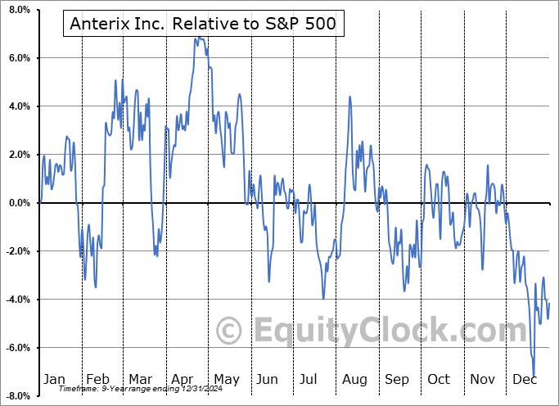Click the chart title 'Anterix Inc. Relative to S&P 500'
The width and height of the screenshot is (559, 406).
pyautogui.click(x=203, y=25)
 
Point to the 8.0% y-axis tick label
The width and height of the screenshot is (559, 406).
pyautogui.click(x=18, y=10)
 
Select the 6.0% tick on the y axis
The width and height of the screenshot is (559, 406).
pyautogui.click(x=18, y=58)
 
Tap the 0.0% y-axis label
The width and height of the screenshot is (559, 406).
pyautogui.click(x=18, y=203)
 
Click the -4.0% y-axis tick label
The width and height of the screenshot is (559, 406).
pyautogui.click(x=16, y=300)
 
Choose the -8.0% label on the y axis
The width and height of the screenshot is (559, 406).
pyautogui.click(x=16, y=396)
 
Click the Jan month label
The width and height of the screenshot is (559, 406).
pyautogui.click(x=53, y=379)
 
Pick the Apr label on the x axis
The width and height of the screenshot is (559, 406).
pyautogui.click(x=183, y=379)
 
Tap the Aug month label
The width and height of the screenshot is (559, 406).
pyautogui.click(x=354, y=379)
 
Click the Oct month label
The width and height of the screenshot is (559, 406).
pyautogui.click(x=439, y=379)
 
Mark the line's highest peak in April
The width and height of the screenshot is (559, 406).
pyautogui.click(x=200, y=38)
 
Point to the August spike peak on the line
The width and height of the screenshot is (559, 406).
pyautogui.click(x=349, y=97)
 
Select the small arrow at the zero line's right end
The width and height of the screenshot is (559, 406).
pyautogui.click(x=552, y=202)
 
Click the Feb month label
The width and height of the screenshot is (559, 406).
pyautogui.click(x=97, y=379)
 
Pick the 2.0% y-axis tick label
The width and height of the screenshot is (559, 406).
pyautogui.click(x=18, y=155)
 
